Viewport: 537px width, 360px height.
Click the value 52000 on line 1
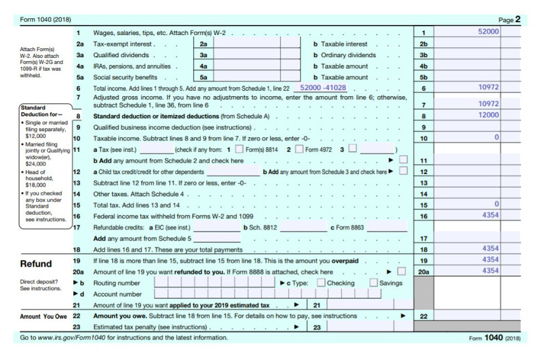488,32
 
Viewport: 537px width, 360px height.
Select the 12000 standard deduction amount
488,116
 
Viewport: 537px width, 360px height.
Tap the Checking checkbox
321,283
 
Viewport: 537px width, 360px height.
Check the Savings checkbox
374,283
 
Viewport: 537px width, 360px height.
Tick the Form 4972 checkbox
299,149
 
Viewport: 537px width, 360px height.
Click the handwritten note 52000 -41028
323,88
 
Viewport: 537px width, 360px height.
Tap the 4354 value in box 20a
488,271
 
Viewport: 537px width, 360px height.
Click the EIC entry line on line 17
215,227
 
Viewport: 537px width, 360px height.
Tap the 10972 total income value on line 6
488,88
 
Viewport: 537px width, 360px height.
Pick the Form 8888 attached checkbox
401,271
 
